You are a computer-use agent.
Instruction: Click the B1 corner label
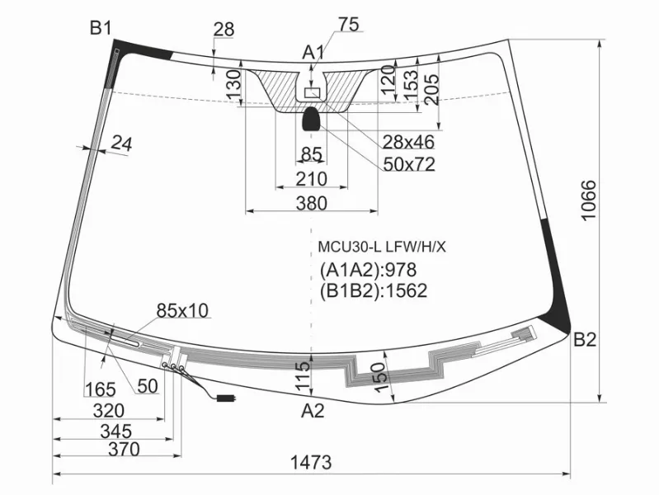pos(101,29)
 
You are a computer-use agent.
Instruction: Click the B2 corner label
pos(585,339)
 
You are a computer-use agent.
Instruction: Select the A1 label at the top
pos(313,53)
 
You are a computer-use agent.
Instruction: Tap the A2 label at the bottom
pos(313,410)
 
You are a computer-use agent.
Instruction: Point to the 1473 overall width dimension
pos(311,462)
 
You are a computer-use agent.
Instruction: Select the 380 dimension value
pos(311,203)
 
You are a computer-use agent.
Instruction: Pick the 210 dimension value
pos(311,178)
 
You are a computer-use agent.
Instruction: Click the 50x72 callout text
pos(408,164)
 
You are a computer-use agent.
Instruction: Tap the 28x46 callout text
pos(408,141)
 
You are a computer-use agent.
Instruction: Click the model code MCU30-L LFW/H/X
pos(382,246)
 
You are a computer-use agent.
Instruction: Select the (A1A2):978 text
pos(368,270)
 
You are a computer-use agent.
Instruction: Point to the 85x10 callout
pos(182,310)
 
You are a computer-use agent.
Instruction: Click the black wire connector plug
pos(225,398)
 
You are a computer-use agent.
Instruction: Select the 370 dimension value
pos(122,450)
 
